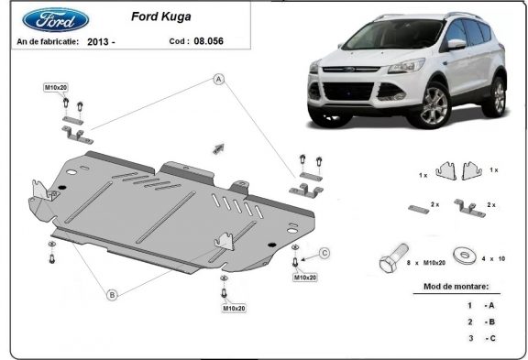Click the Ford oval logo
tap(51, 20)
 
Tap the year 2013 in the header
tap(103, 42)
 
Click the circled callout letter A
tap(219, 80)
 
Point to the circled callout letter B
tap(112, 294)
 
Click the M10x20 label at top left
tap(56, 87)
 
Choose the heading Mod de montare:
tap(456, 287)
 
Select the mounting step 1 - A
tap(482, 305)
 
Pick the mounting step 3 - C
tap(482, 338)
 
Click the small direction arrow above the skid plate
tap(217, 147)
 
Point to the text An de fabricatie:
tap(47, 42)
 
